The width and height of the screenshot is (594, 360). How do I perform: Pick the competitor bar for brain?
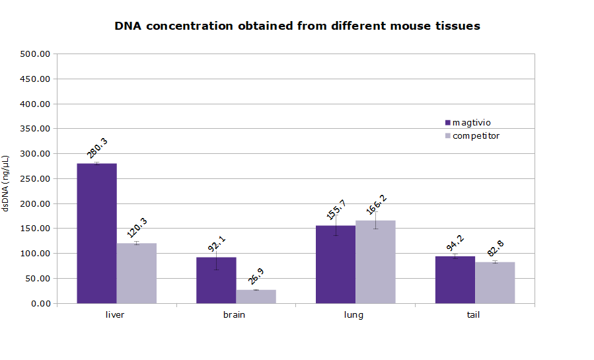click(256, 297)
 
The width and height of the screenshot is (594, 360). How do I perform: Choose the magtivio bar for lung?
click(336, 264)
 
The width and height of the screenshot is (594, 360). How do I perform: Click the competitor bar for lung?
click(375, 262)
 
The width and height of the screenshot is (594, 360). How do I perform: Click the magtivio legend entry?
click(471, 122)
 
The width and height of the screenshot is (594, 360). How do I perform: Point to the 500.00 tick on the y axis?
click(35, 54)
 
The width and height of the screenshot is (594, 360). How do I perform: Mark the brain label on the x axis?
click(234, 314)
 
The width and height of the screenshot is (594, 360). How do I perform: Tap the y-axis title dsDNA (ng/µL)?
click(6, 183)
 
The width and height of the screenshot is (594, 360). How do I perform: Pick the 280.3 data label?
click(98, 149)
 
